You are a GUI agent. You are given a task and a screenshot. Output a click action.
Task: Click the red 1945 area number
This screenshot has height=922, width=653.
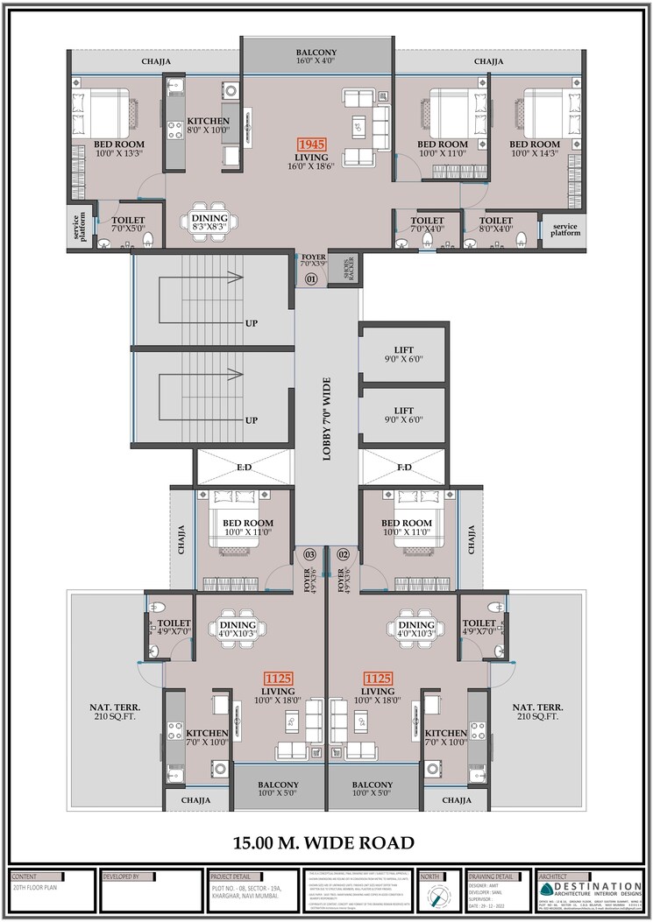point(310,144)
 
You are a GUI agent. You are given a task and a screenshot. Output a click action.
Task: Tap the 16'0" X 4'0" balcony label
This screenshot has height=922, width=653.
point(317,58)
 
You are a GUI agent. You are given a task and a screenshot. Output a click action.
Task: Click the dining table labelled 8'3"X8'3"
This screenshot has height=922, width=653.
point(209,222)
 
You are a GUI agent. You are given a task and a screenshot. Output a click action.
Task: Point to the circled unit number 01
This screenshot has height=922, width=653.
point(310,279)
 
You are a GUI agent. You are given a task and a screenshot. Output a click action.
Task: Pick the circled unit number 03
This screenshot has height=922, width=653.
point(309,554)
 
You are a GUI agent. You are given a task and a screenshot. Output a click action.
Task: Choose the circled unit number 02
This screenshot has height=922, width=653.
point(344,554)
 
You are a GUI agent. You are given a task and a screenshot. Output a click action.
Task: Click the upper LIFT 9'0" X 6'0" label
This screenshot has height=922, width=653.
point(403,355)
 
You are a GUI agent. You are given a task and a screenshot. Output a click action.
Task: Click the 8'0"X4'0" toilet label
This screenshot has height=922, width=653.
point(496,226)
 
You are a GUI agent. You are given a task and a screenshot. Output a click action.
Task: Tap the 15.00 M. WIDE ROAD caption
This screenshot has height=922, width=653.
point(323,843)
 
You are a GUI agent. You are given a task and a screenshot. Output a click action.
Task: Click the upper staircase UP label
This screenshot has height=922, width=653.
point(252,323)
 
